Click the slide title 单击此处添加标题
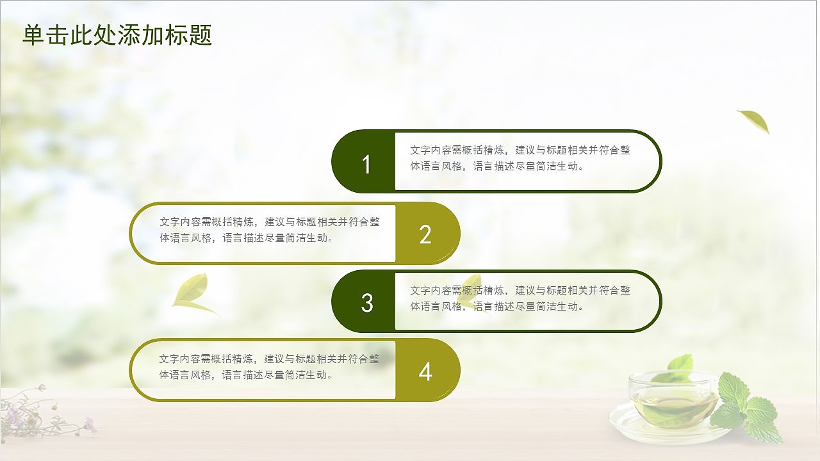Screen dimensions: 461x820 tap(117, 35)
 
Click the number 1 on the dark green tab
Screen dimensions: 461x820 tap(366, 165)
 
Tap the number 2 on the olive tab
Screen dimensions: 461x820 tap(425, 235)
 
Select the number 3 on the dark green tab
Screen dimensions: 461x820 tap(366, 303)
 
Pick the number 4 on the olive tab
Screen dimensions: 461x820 tap(425, 372)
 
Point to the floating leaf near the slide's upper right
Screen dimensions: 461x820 tap(754, 120)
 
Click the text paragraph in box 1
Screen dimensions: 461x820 tap(520, 158)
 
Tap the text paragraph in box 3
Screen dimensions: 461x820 tap(520, 298)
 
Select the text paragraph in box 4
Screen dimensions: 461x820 tap(269, 367)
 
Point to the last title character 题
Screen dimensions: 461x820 tap(201, 35)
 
